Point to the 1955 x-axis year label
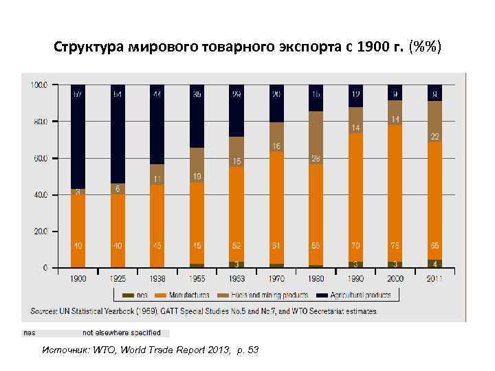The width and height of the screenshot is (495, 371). click(197, 279)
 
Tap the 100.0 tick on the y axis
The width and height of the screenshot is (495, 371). click(38, 86)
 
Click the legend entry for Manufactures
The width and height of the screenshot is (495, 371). click(185, 295)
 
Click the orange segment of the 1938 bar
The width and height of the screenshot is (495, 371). click(157, 227)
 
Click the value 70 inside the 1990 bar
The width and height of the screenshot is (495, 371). click(355, 245)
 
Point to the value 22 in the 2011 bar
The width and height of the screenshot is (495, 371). click(435, 137)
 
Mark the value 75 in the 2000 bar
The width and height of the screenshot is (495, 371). click(395, 245)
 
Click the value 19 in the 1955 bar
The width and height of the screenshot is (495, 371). click(197, 177)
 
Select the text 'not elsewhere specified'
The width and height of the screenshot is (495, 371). click(122, 333)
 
